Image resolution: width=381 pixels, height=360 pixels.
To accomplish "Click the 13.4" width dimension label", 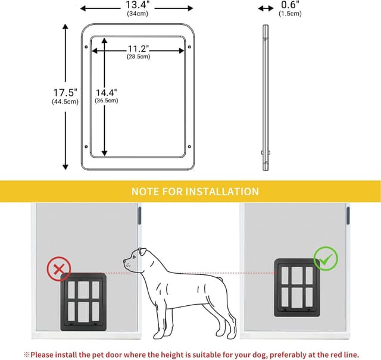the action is pos(138,5).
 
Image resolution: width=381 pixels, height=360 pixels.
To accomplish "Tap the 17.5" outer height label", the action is pos(65,93).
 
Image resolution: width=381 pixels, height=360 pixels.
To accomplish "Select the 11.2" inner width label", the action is pos(138,49).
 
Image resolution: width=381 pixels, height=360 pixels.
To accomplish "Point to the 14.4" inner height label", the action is pos(106,93).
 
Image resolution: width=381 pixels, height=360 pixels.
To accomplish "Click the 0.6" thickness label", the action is pos(290,5).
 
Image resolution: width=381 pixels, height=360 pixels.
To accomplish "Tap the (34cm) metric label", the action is pos(138,14).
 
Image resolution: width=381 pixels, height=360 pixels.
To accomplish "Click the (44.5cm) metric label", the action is pos(65,102).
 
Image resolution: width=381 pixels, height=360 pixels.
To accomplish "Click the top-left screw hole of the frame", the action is pos(86,46).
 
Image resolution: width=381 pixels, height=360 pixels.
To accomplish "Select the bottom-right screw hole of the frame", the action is pos(189,147).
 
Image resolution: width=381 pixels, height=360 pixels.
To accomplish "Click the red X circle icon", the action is pos(59,269).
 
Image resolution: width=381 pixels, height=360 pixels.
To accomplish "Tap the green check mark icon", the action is pos(326,259).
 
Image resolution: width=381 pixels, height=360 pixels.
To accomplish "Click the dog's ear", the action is pos(142,252).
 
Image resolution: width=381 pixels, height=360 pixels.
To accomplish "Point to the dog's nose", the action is pos(124,261).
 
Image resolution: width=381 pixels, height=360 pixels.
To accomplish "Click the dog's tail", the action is pos(220,279).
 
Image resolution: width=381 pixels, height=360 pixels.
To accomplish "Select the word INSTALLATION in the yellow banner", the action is pos(222,192).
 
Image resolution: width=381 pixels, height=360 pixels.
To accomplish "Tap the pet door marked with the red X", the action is pos(83,302).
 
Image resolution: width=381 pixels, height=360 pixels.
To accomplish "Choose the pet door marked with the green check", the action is pos(297,287).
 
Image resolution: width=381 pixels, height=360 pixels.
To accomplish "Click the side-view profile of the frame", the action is pos(266,98).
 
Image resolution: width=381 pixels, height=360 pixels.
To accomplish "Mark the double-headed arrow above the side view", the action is pos(266,8).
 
